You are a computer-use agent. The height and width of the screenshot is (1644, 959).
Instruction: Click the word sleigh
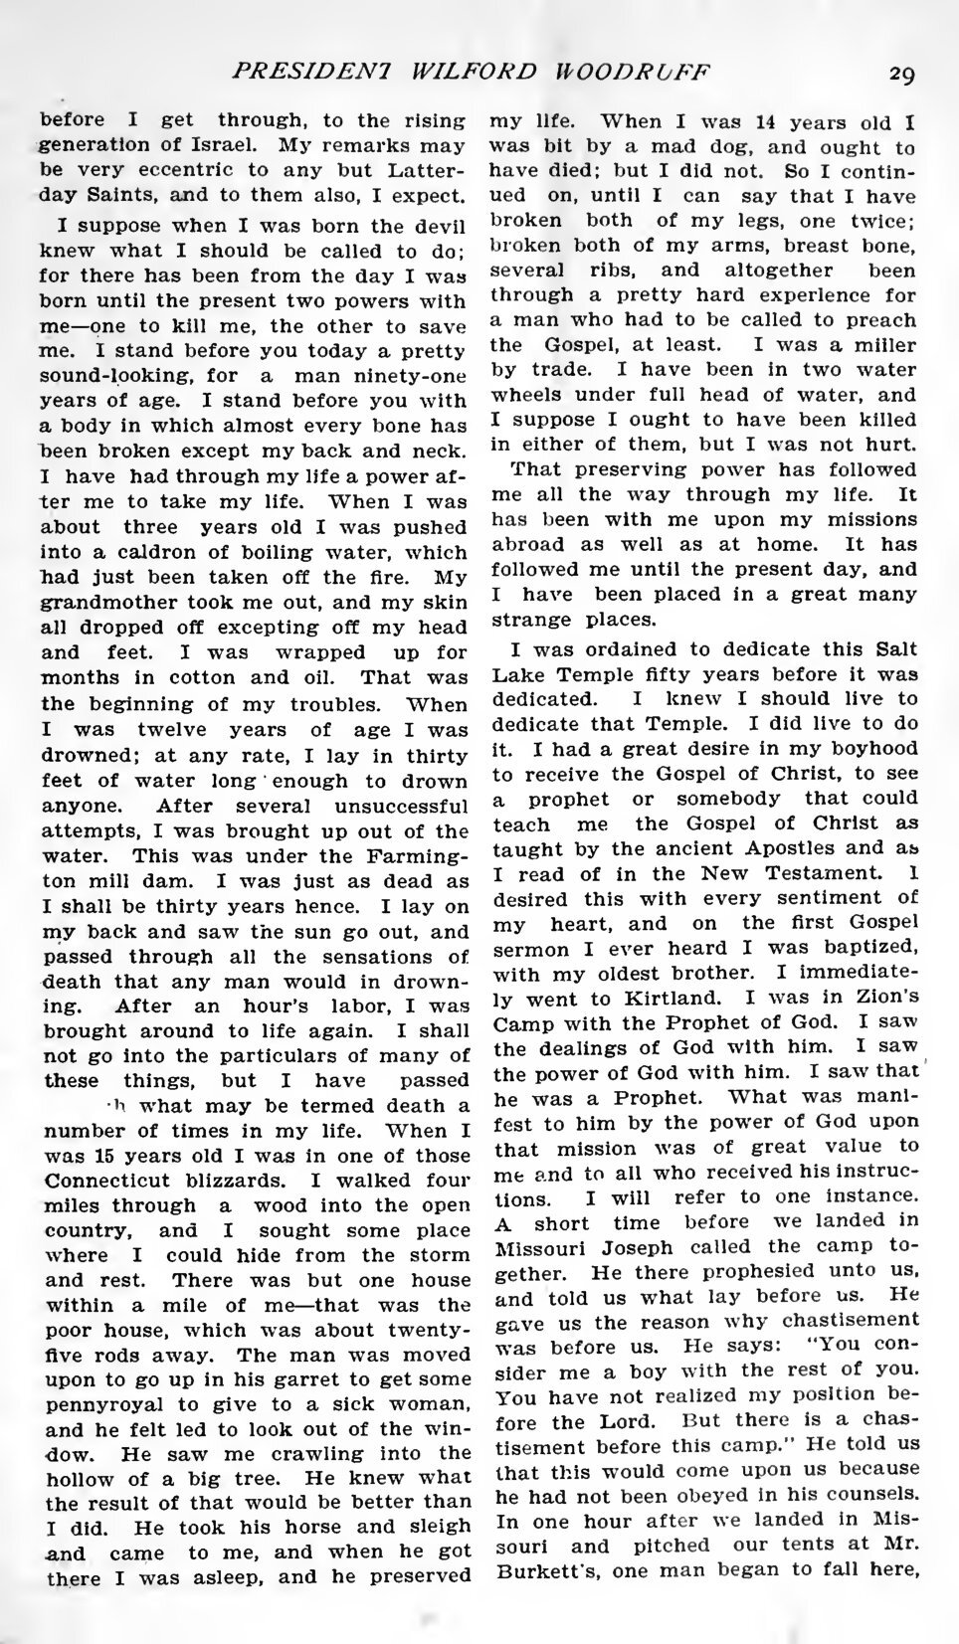click(x=438, y=1525)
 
